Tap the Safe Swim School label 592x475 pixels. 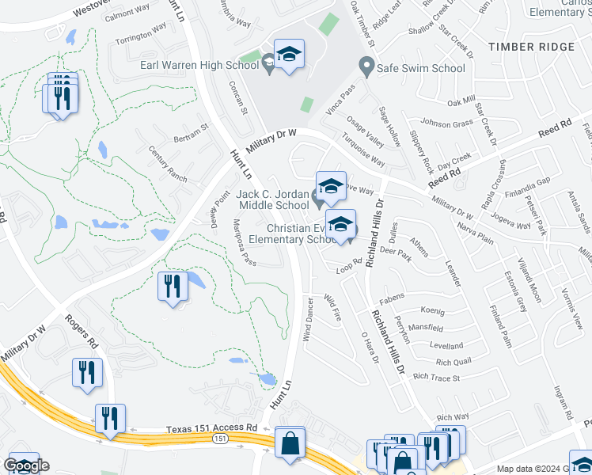(421, 68)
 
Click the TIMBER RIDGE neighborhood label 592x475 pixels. (532, 47)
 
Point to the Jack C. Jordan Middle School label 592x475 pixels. (273, 200)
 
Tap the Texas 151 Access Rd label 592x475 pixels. (212, 428)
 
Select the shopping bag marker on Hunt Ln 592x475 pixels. (290, 445)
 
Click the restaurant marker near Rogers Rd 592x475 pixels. (86, 374)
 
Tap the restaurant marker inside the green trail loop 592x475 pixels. (173, 287)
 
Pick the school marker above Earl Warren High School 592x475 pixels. (290, 55)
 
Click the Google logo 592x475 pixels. (27, 465)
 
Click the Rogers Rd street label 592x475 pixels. (81, 332)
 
